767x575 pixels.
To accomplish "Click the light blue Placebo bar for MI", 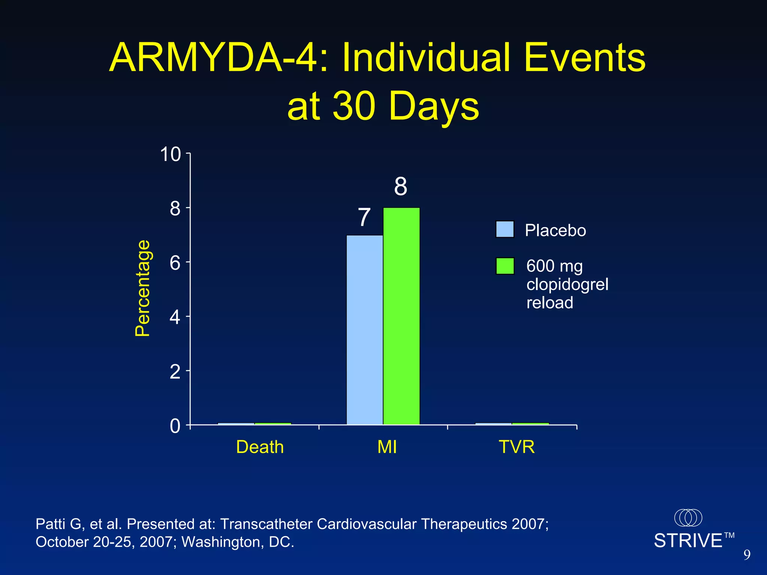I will (x=365, y=329).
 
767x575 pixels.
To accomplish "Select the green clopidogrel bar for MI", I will (x=401, y=316).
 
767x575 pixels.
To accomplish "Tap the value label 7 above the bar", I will (x=364, y=217).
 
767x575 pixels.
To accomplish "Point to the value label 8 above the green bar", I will (x=400, y=186).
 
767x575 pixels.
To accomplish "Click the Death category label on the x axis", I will (x=260, y=447).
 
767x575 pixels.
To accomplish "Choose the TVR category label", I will (x=516, y=447).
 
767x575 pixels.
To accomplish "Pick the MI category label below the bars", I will (x=387, y=447).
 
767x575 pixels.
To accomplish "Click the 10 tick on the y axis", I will (x=170, y=154).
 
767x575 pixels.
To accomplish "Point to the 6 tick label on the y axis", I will (x=175, y=263).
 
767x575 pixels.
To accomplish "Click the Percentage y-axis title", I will (x=143, y=288).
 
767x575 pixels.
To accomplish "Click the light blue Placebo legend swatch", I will (x=504, y=229).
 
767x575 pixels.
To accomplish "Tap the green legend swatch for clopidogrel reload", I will (x=504, y=266).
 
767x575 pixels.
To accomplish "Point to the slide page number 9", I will (x=747, y=555).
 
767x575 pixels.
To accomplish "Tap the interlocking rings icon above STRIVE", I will (x=688, y=518).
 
